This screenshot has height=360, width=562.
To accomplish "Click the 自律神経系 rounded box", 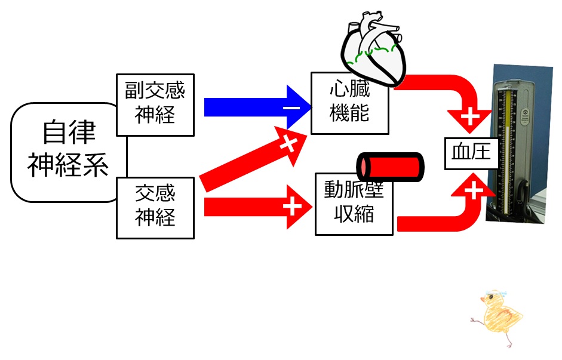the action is pyautogui.click(x=68, y=152).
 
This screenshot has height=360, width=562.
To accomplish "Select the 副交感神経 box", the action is pyautogui.click(x=155, y=104).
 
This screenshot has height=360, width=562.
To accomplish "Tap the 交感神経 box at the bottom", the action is pyautogui.click(x=155, y=208).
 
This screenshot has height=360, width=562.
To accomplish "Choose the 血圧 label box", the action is pyautogui.click(x=471, y=153).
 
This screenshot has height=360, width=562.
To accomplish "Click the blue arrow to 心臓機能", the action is pyautogui.click(x=257, y=107).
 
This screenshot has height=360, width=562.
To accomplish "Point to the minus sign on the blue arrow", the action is pyautogui.click(x=291, y=107).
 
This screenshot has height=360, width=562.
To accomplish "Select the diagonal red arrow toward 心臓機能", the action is pyautogui.click(x=253, y=159).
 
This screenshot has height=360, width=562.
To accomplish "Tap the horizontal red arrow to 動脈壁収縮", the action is pyautogui.click(x=258, y=207).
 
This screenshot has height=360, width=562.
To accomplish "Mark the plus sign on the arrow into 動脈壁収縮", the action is pyautogui.click(x=293, y=207).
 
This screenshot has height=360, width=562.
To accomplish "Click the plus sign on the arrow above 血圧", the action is pyautogui.click(x=470, y=117).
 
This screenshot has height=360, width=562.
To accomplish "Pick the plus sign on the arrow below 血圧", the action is pyautogui.click(x=474, y=190).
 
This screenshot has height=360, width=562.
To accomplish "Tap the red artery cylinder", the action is pyautogui.click(x=391, y=167).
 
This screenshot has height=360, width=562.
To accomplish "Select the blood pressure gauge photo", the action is pyautogui.click(x=519, y=144).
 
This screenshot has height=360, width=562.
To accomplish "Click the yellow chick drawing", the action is pyautogui.click(x=498, y=316).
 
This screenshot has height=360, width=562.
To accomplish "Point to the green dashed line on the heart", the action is pyautogui.click(x=373, y=53).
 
